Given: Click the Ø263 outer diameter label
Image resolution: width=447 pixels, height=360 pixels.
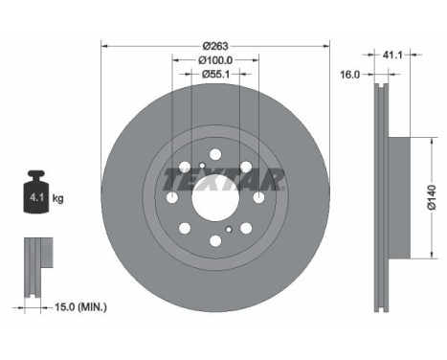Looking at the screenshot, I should (x=215, y=44).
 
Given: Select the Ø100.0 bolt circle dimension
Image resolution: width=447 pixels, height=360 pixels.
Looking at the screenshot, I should (x=215, y=60).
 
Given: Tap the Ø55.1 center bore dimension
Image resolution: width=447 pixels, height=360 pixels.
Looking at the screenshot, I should (x=215, y=76).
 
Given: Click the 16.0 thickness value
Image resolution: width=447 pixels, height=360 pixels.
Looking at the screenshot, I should (x=350, y=73).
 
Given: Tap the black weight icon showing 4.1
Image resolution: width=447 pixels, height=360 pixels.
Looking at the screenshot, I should (x=37, y=195).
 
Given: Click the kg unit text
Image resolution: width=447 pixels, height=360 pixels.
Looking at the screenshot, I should (x=58, y=199).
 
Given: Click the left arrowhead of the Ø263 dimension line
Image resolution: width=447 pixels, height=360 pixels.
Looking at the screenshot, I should (x=104, y=44).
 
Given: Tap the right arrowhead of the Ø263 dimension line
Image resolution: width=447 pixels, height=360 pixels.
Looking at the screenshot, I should (x=326, y=44).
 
